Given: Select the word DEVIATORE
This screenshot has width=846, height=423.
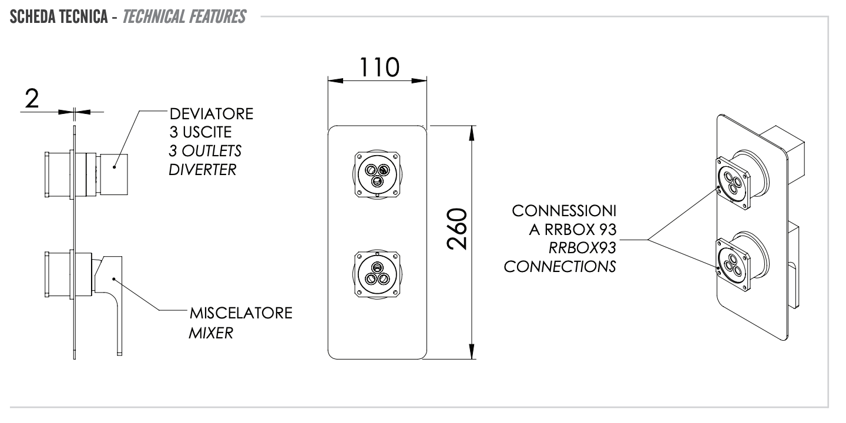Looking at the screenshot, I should click(x=211, y=114).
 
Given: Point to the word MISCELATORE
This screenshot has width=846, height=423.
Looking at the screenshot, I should click(x=240, y=314).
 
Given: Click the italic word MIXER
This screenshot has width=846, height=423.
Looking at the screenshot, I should click(x=211, y=333).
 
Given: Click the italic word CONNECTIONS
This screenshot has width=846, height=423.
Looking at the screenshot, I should click(x=560, y=267).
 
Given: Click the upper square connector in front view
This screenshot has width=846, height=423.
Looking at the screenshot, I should click(x=377, y=173).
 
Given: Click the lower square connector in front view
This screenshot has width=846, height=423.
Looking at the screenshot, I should click(x=377, y=274).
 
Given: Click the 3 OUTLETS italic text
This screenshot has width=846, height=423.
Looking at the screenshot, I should click(x=205, y=152).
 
